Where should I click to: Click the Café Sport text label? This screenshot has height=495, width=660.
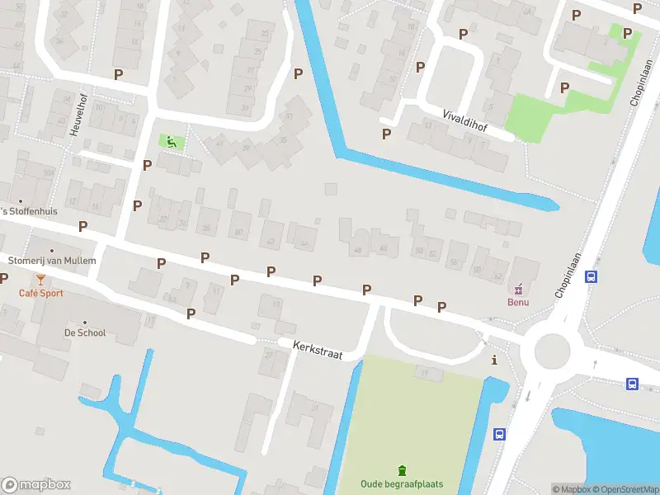41,293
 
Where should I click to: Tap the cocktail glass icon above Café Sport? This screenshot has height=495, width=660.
40,280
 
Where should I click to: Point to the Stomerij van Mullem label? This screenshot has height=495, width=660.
52,261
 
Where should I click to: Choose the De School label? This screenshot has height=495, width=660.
85,332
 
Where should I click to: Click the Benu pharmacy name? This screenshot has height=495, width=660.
518,302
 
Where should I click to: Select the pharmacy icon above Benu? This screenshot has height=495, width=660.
518,289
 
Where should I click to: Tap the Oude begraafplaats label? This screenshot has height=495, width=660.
402,483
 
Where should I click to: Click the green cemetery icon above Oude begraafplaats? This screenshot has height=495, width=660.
402,470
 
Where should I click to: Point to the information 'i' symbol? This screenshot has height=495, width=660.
494,360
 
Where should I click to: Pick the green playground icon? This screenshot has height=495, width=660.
172,141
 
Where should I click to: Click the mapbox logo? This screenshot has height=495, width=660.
36,484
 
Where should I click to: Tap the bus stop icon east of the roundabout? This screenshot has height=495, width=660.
632,384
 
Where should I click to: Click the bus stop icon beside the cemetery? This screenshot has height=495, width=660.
498,434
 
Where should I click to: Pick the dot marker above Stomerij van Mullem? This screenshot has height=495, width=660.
52,249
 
